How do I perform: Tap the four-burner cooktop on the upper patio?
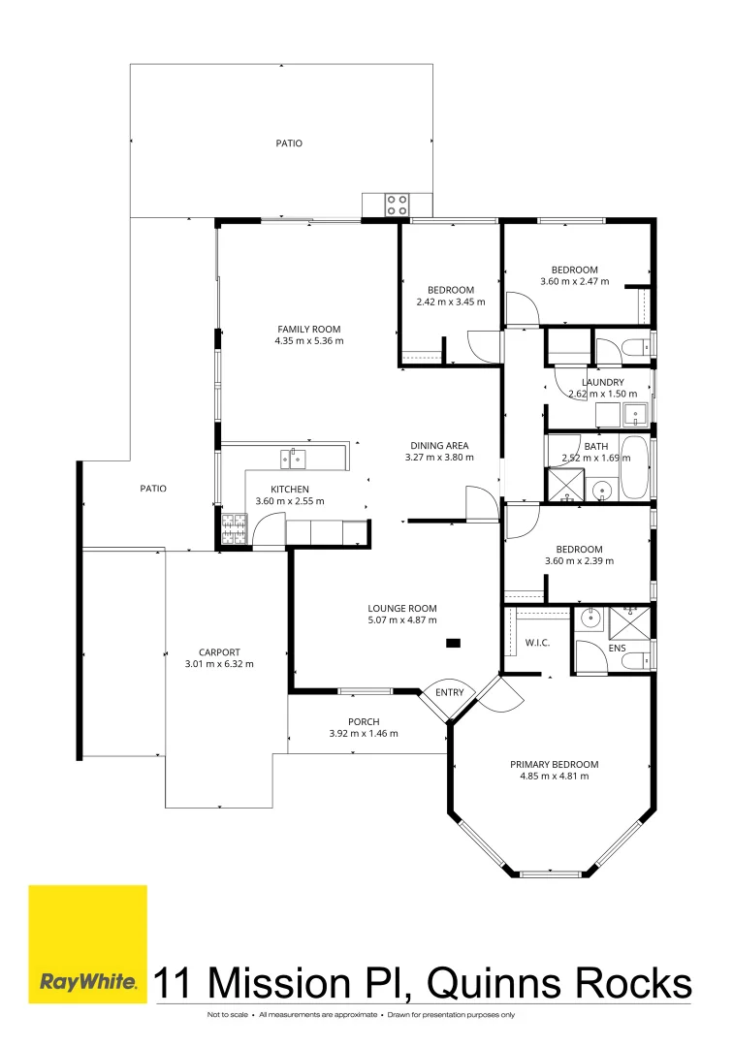[398, 205]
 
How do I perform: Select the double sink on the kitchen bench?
[293, 458]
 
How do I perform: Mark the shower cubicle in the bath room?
[562, 485]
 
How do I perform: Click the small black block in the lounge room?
[453, 642]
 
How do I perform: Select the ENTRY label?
[449, 692]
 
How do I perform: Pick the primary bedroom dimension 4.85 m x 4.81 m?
[554, 776]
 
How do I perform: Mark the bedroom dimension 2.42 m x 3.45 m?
[450, 301]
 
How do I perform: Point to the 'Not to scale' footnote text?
[227, 1015]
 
